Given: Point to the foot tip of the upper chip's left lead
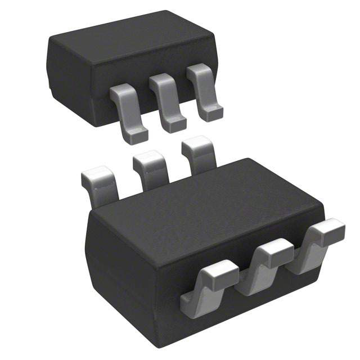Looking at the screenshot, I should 135,135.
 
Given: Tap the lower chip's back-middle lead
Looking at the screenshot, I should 151,169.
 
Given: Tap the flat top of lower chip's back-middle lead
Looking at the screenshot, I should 150,159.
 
